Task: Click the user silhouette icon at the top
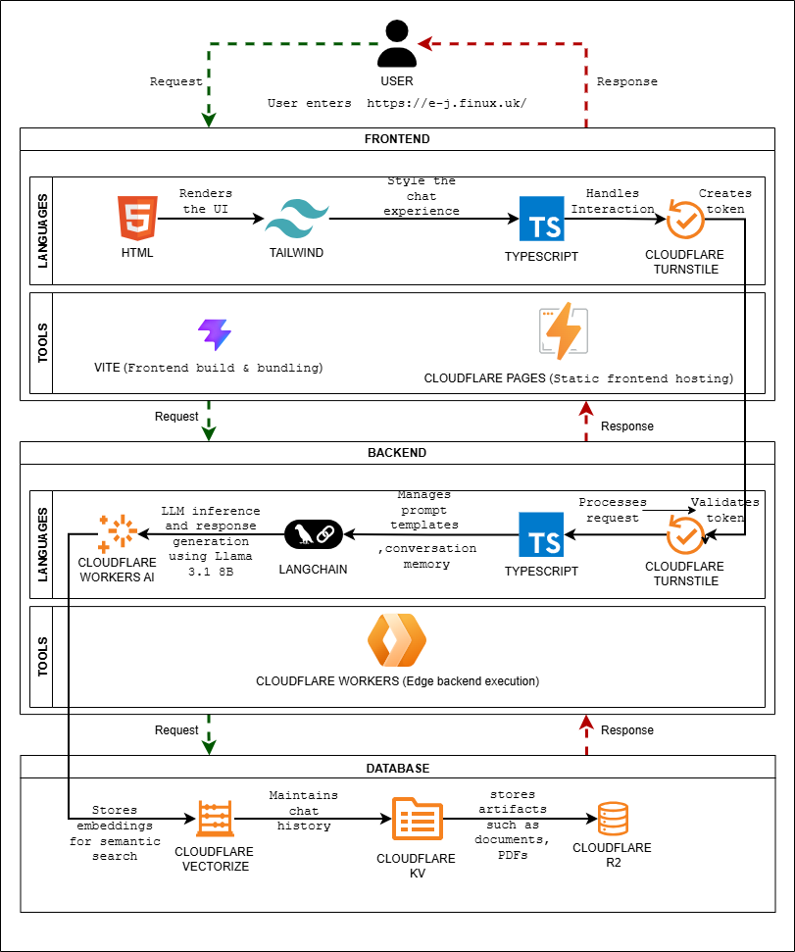[397, 45]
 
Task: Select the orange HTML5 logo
[137, 218]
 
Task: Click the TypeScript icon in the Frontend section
[541, 220]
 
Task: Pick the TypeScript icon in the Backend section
[541, 534]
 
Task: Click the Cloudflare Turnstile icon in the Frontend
[685, 220]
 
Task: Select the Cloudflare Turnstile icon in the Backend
[685, 534]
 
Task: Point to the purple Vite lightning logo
[214, 334]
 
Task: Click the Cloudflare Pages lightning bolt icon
[564, 331]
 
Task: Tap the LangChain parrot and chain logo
[314, 534]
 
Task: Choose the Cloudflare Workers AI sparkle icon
[117, 532]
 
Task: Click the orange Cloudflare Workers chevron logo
[397, 640]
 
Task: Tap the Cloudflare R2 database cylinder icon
[612, 818]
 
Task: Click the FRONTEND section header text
[397, 139]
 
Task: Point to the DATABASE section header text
[397, 768]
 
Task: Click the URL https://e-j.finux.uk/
[447, 103]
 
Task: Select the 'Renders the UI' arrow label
[208, 201]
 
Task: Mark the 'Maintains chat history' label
[304, 810]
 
